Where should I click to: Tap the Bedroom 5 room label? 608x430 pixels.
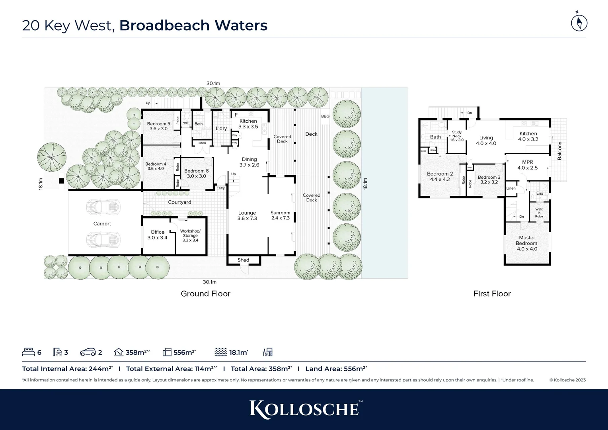(x=158, y=126)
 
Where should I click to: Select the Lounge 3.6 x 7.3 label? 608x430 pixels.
(x=247, y=215)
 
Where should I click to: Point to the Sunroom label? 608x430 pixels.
(x=281, y=213)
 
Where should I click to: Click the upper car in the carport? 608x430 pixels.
(x=103, y=206)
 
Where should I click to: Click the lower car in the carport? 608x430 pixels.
(x=103, y=240)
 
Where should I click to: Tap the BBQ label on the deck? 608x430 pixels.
(x=325, y=116)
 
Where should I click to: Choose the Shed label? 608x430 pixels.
(x=243, y=260)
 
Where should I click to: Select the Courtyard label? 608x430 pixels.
(x=179, y=202)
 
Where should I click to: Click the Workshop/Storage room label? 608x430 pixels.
(x=190, y=235)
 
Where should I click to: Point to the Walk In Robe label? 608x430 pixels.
(x=539, y=213)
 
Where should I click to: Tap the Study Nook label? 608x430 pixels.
(x=457, y=136)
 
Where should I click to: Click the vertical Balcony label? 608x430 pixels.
(x=559, y=151)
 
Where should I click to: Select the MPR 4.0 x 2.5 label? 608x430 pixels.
(x=527, y=165)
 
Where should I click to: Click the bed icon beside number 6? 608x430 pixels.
(x=28, y=352)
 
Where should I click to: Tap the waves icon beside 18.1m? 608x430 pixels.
(x=220, y=352)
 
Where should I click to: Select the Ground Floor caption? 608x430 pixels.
(x=205, y=294)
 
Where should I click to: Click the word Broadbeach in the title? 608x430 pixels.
(x=164, y=25)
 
